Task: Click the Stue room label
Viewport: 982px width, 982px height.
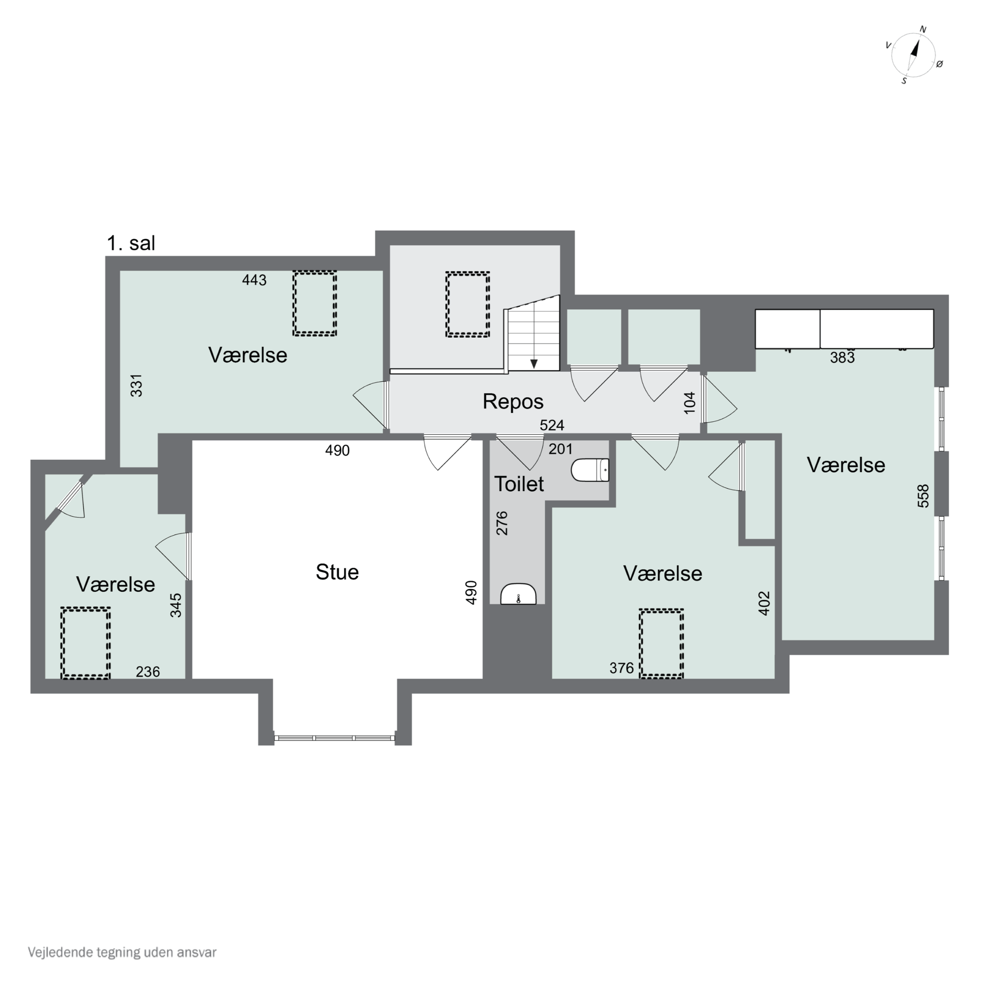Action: pyautogui.click(x=337, y=572)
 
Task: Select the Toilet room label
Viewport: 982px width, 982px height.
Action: pyautogui.click(x=519, y=484)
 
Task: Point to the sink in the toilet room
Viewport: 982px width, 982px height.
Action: pyautogui.click(x=518, y=594)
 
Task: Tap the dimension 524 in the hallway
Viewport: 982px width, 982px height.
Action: pyautogui.click(x=552, y=425)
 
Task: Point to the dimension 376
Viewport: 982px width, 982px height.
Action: pyautogui.click(x=622, y=668)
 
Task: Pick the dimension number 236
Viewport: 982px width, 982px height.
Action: pyautogui.click(x=148, y=672)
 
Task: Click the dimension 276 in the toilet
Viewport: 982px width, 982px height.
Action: pyautogui.click(x=502, y=523)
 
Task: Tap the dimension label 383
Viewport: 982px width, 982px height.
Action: pyautogui.click(x=842, y=358)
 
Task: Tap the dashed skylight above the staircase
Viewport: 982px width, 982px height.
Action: pyautogui.click(x=468, y=304)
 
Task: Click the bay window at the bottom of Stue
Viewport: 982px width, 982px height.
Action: pyautogui.click(x=335, y=737)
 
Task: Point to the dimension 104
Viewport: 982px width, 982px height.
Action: pyautogui.click(x=689, y=403)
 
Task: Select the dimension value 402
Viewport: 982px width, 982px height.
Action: pyautogui.click(x=764, y=603)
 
